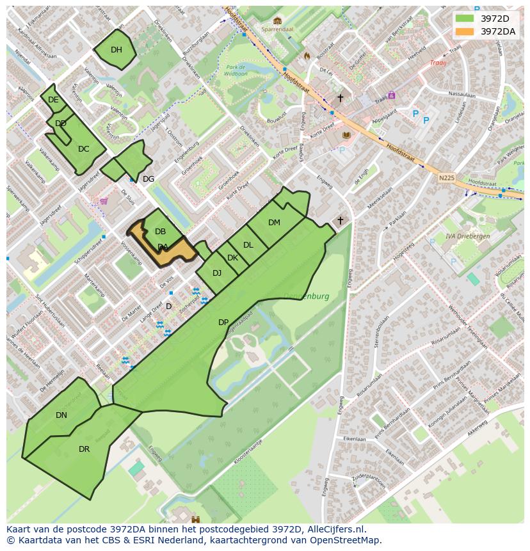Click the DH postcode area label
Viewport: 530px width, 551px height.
(x=116, y=50)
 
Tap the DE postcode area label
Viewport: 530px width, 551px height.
(x=53, y=100)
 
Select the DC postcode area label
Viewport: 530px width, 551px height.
(x=83, y=149)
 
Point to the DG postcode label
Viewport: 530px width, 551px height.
(x=149, y=179)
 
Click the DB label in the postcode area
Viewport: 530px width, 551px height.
(x=160, y=232)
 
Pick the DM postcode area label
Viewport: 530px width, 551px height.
(x=274, y=223)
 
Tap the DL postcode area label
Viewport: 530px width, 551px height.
(x=248, y=245)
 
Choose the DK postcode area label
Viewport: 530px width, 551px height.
(x=232, y=259)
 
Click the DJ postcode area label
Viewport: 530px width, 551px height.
(x=217, y=273)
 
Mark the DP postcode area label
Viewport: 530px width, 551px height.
(x=223, y=323)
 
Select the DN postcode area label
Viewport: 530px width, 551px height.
(x=61, y=415)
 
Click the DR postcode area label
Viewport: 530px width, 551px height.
(x=84, y=449)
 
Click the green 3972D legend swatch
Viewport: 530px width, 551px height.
(x=465, y=18)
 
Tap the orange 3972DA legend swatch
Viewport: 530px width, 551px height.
(x=465, y=31)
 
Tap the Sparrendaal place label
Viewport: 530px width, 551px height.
(x=277, y=29)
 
